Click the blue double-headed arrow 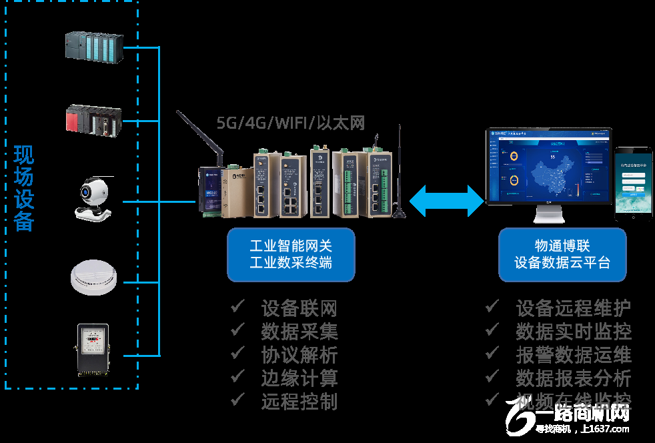click(x=446, y=201)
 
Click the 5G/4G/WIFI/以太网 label click(x=291, y=122)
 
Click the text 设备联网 click(x=299, y=308)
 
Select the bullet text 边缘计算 click(x=299, y=378)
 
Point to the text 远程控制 click(x=299, y=401)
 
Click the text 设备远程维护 click(x=573, y=308)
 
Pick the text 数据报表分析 click(x=573, y=378)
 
